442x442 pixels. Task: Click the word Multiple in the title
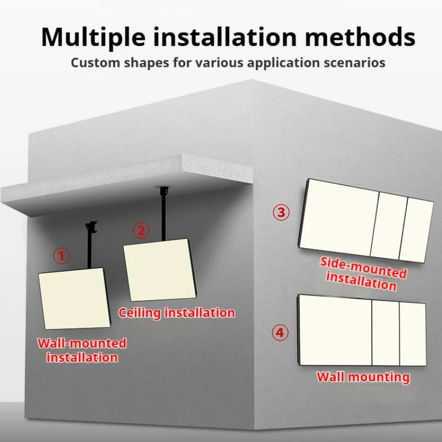tap(93, 37)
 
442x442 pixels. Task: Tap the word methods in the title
tap(360, 36)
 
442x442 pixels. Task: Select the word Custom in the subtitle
tap(95, 62)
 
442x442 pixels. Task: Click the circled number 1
tap(61, 256)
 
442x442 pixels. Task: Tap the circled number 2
tap(141, 230)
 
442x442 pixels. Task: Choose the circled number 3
tap(281, 212)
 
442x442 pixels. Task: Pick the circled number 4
tap(280, 333)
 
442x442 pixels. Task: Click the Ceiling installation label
tap(176, 313)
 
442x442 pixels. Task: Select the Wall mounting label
tap(363, 377)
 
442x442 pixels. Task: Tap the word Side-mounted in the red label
tap(364, 267)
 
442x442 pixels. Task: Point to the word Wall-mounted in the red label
tap(82, 343)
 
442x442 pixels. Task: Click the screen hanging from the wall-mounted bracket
tap(74, 298)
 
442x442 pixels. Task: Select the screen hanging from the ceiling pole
tap(160, 270)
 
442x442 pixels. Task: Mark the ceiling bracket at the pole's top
tap(164, 191)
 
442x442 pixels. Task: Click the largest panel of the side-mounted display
tap(339, 218)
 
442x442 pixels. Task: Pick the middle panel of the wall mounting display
tap(386, 333)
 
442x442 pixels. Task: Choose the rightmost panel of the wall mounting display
tap(413, 334)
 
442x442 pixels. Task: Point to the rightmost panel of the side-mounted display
tap(417, 230)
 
